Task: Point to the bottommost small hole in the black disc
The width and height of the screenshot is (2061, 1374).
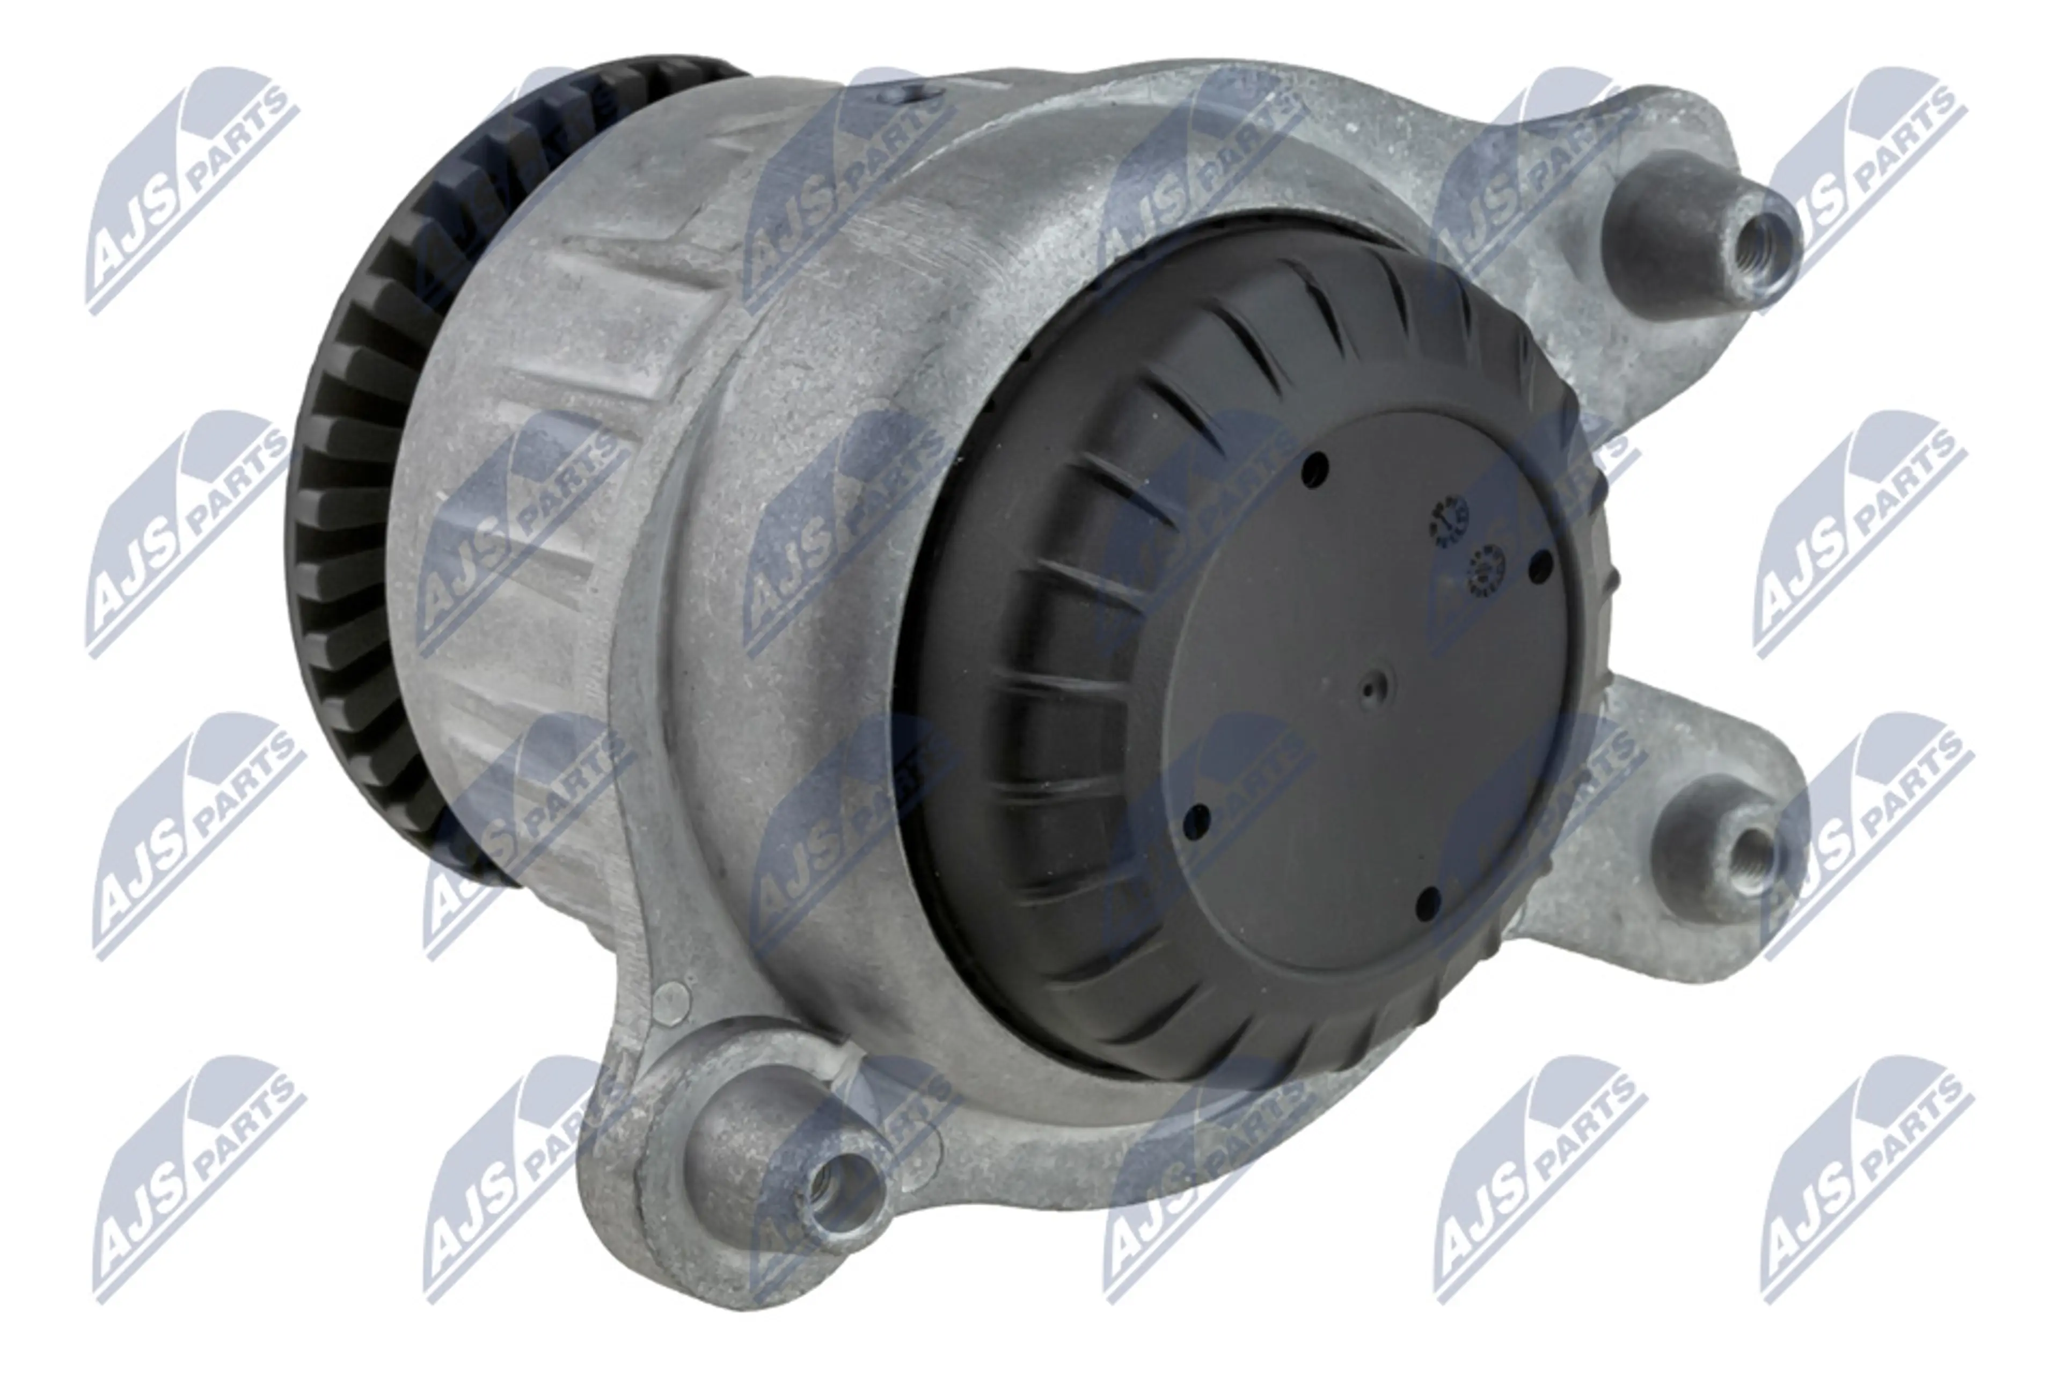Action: [x=1428, y=899]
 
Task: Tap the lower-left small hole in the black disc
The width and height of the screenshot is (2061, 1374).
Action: [x=1196, y=820]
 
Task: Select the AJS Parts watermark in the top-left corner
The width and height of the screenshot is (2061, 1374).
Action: [x=188, y=188]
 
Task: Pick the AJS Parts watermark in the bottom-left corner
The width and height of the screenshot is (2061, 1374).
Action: [x=197, y=1179]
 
